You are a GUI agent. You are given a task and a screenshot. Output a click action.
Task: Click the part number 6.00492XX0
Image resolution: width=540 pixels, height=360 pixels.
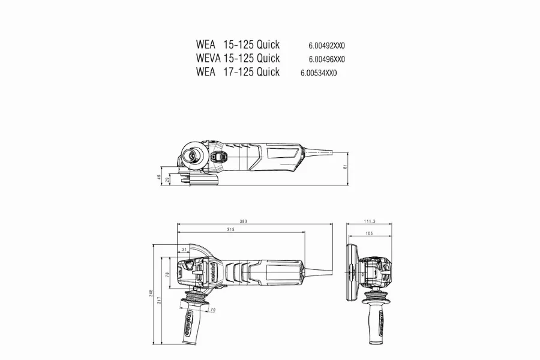[328, 45]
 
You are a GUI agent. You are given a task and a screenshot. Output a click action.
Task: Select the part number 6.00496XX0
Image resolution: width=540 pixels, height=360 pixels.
[327, 59]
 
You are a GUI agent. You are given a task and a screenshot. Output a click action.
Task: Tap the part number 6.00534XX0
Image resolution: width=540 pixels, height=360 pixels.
[320, 73]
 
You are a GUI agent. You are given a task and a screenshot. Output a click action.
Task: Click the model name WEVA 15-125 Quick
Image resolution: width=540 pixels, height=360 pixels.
[238, 58]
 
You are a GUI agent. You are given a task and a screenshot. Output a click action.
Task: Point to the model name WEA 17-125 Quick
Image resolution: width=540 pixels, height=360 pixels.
[238, 72]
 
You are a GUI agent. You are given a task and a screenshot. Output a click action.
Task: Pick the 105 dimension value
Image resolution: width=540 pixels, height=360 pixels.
[370, 233]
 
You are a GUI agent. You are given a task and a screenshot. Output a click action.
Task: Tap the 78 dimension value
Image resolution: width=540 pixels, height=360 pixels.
[169, 274]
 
